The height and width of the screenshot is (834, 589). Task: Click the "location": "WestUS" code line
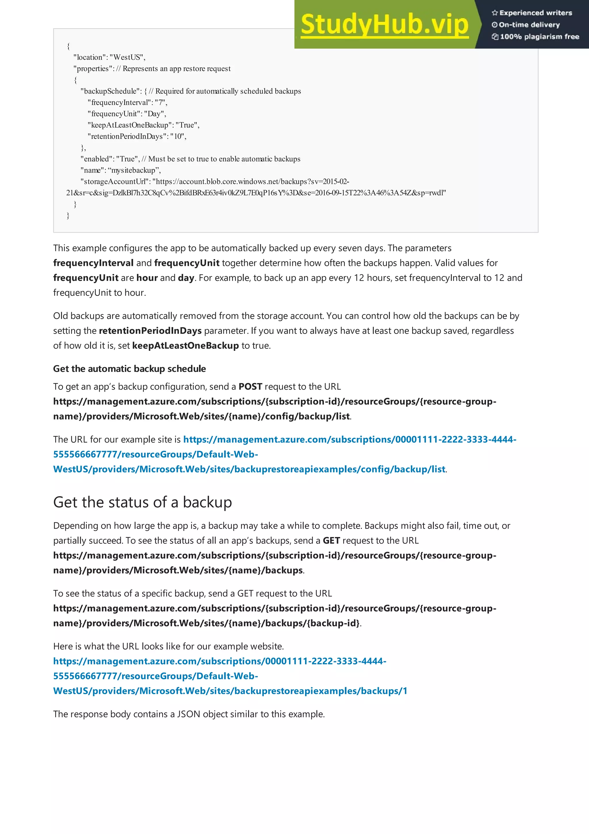pos(109,57)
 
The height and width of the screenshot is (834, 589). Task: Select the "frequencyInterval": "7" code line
pos(127,102)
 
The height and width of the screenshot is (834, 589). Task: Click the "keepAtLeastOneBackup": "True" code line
pos(143,125)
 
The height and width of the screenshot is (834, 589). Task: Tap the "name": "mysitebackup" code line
pos(121,170)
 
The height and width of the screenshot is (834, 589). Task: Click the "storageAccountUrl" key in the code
pos(115,181)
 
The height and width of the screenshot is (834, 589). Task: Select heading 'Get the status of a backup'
pos(142,502)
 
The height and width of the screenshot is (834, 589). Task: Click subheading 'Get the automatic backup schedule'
pos(129,369)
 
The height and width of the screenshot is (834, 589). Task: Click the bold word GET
pos(331,540)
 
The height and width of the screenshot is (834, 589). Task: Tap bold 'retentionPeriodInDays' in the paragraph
pos(150,331)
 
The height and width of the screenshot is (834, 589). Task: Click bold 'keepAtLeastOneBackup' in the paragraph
pos(186,345)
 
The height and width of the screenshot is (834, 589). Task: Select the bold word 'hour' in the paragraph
pos(147,278)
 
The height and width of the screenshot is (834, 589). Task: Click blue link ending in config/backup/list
pos(249,469)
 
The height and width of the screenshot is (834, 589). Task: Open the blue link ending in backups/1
pos(230,691)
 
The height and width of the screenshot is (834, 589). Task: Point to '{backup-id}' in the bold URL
pos(333,623)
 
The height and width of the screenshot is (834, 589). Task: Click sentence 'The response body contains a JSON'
pos(189,714)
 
